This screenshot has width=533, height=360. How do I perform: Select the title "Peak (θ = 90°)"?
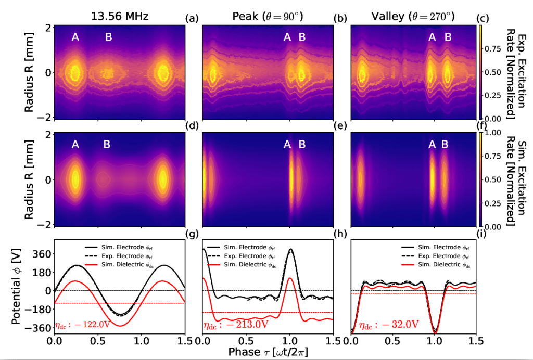[268, 16]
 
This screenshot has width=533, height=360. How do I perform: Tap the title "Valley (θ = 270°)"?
[412, 16]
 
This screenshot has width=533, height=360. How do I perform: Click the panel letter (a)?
[193, 19]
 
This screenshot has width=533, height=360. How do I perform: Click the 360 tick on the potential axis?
[42, 253]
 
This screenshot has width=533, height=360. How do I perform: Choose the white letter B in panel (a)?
[108, 37]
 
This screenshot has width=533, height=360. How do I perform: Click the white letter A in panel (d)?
[76, 144]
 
